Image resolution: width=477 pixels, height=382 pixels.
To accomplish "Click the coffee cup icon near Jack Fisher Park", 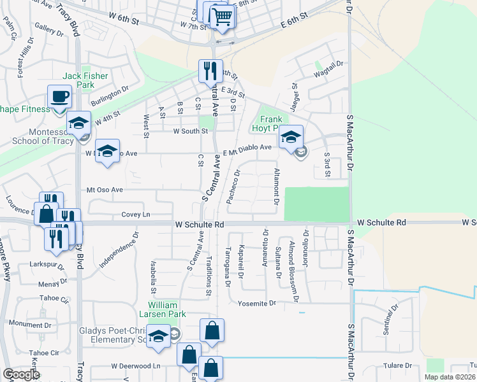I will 60,97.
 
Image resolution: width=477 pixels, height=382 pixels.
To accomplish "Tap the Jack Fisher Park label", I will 85,80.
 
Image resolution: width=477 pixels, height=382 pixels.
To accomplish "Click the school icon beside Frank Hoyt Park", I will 291,138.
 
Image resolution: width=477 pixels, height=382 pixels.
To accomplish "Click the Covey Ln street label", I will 135,215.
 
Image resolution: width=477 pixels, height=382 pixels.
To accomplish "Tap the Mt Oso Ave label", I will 105,190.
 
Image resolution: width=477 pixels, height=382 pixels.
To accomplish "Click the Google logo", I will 22,374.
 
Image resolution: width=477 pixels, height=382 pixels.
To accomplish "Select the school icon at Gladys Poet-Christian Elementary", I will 158,336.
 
